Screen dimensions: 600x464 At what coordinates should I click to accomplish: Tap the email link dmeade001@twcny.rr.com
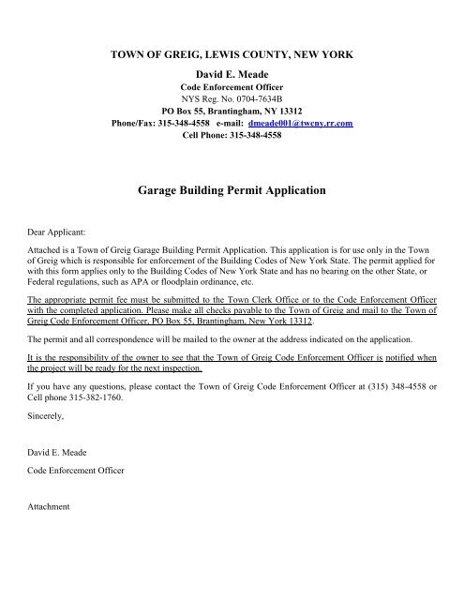[306, 122]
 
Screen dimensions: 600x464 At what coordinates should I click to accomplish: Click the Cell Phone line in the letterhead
[231, 135]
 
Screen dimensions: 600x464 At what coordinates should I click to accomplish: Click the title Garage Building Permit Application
[231, 189]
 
